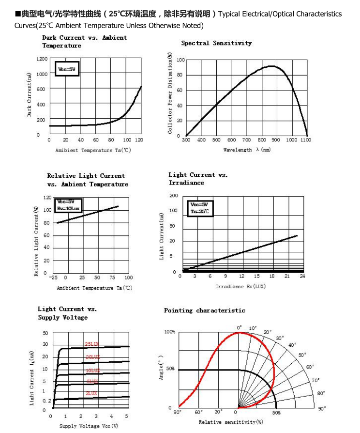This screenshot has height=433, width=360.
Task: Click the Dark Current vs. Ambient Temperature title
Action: pos(84,41)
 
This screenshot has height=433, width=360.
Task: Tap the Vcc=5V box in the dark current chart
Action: pos(65,69)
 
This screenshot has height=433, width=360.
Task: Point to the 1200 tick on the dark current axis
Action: pos(42,59)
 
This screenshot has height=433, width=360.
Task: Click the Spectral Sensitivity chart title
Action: pos(216,43)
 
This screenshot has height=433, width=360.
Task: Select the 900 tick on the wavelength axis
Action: pos(276,140)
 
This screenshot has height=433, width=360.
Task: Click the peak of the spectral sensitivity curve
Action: pos(272,66)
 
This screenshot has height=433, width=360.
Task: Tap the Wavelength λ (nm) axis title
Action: pos(247,150)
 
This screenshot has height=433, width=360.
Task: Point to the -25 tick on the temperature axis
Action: pos(53,278)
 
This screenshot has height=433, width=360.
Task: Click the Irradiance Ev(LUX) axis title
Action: pos(240,286)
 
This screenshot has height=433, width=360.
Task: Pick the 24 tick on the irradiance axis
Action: pos(302,276)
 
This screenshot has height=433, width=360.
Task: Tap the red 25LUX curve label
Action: pos(92,344)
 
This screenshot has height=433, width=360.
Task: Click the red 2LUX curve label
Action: pos(91,393)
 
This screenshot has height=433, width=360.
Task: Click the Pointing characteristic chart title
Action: pos(204,310)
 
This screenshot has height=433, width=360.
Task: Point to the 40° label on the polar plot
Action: pos(292,345)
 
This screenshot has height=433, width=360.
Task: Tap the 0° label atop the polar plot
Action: pos(239,328)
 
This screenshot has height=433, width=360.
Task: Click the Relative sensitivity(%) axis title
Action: pos(230,422)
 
